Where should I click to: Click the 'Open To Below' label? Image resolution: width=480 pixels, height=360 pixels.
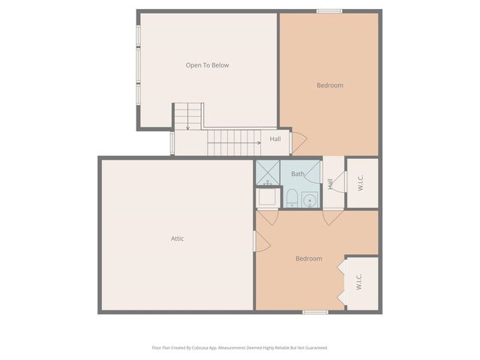tap(207, 65)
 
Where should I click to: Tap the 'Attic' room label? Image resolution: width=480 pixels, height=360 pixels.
tap(177, 238)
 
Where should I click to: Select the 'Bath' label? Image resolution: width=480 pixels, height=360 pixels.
tap(298, 174)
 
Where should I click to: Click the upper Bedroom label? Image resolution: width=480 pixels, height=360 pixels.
tap(329, 85)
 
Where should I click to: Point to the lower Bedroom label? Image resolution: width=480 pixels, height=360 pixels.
tap(308, 259)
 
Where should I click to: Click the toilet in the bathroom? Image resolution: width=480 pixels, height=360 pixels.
tap(292, 198)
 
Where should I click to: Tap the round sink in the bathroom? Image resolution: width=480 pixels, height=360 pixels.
tap(309, 199)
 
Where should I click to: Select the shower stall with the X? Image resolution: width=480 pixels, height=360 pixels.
tap(267, 172)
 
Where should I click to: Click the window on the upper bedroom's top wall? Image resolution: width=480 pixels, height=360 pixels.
tap(329, 10)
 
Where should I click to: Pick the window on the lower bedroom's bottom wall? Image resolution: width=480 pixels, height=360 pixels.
tap(315, 311)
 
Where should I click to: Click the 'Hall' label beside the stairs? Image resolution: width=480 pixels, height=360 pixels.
tap(275, 139)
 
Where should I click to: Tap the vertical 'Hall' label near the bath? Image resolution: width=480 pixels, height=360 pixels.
tap(330, 183)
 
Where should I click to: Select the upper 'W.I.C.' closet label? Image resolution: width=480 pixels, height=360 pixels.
tap(361, 183)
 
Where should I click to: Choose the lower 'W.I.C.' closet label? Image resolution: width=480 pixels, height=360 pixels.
tap(358, 282)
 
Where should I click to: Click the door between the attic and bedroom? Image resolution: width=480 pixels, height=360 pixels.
tap(261, 241)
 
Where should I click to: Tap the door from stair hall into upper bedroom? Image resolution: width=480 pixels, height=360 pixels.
tap(298, 142)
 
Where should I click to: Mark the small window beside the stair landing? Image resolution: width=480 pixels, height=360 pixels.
tap(172, 142)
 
